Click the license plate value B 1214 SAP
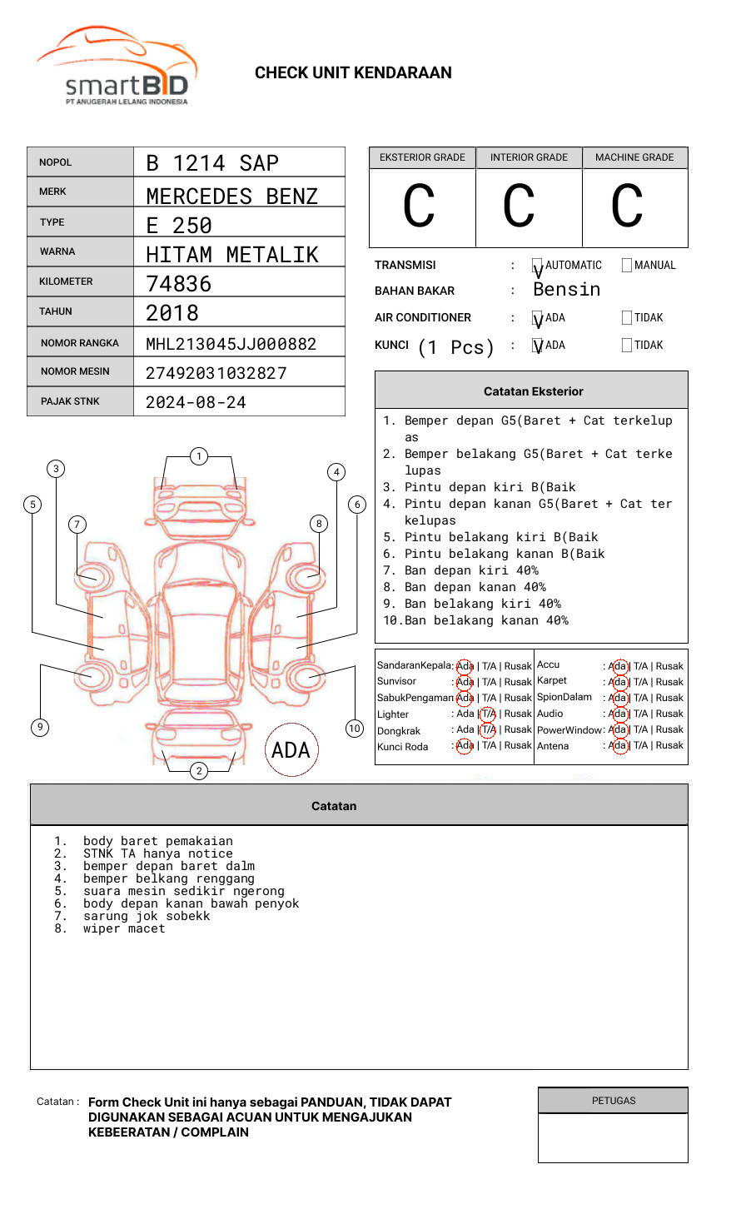212,163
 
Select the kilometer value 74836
178,284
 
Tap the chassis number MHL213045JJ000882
231,344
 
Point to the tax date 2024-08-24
196,402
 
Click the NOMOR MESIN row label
75,371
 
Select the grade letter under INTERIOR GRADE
519,206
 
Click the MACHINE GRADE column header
634,157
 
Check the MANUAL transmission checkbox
627,265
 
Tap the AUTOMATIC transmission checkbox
537,265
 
